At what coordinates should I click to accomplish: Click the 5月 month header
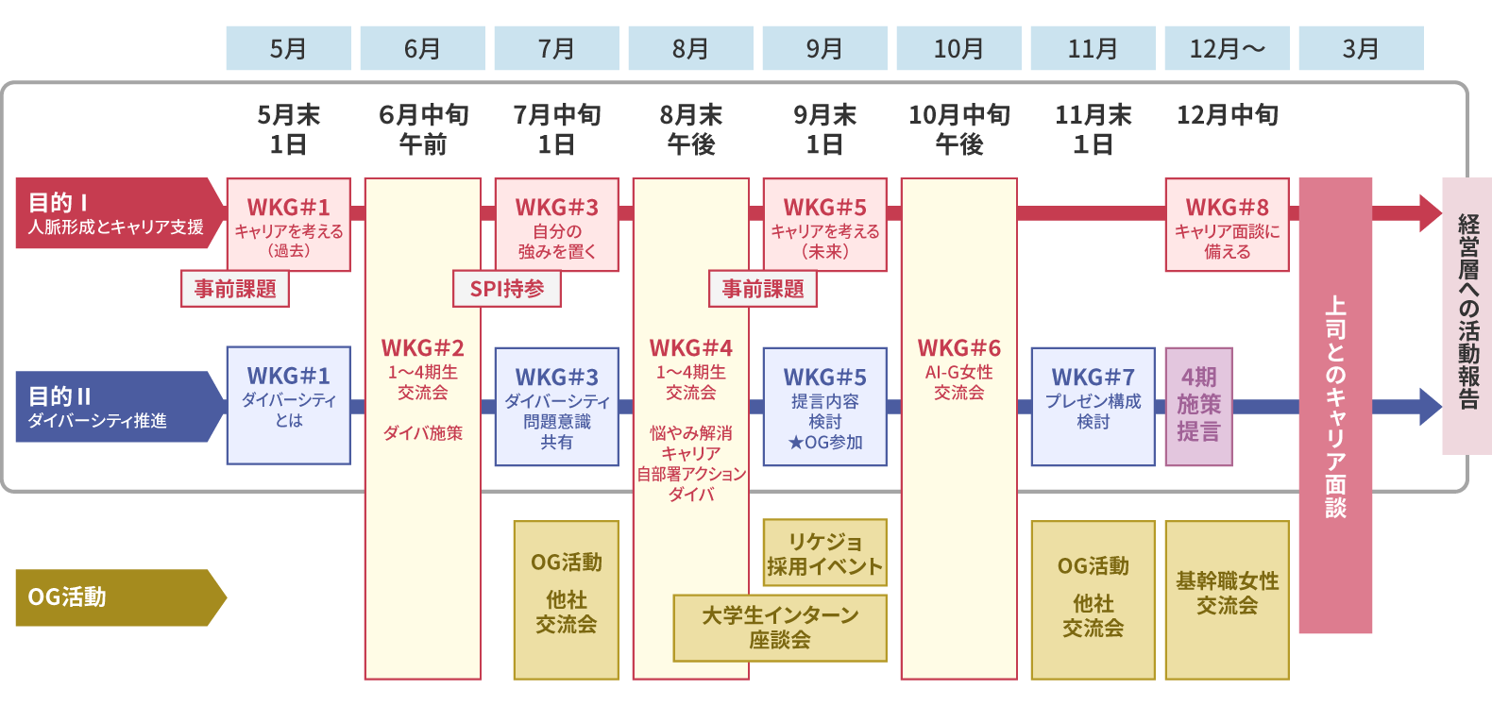coord(288,48)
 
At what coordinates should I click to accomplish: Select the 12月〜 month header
coord(1227,48)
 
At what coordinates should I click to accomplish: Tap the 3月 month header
coord(1361,48)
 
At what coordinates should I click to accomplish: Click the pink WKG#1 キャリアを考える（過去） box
coord(288,225)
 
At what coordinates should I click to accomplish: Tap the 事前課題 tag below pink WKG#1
coord(235,289)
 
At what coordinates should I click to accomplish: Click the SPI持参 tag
coord(507,289)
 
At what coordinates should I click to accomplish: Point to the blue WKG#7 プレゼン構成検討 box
coord(1093,407)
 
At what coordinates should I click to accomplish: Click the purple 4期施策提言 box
coord(1198,407)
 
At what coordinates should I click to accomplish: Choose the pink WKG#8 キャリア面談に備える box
coord(1227,225)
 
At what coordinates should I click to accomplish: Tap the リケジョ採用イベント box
coord(824,553)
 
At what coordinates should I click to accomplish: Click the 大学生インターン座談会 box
coord(780,628)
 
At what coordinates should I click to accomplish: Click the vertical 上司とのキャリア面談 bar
coord(1335,406)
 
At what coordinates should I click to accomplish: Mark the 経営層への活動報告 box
coord(1467,316)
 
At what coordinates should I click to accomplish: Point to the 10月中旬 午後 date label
coord(958,129)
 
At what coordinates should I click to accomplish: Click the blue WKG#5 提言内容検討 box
coord(824,407)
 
